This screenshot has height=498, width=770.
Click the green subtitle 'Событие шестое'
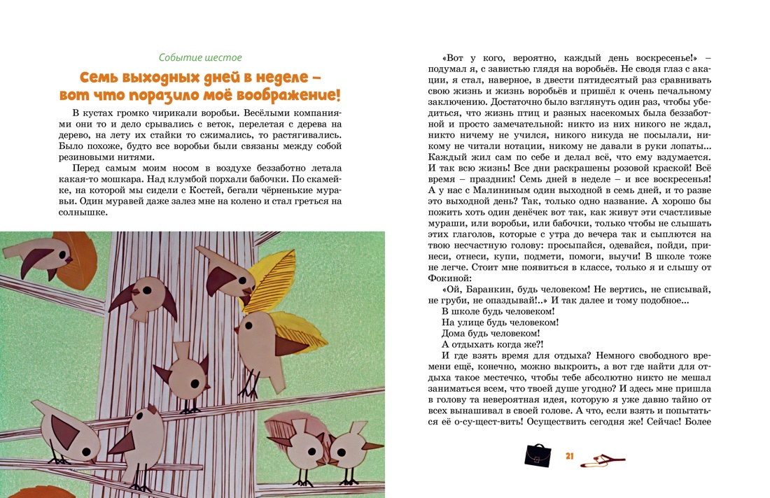[x=200, y=57]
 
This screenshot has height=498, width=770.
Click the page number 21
[x=569, y=456]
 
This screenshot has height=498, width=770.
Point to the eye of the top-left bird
[x=69, y=258]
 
